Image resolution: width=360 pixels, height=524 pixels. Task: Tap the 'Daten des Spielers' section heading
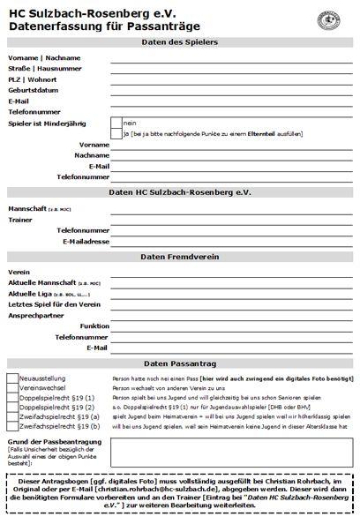coord(180,43)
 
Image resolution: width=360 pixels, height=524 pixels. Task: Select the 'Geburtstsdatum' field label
coord(34,89)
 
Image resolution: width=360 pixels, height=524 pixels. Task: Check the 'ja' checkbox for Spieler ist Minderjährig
coord(116,133)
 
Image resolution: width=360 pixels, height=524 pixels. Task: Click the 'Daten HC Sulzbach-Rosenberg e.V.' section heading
coord(180,191)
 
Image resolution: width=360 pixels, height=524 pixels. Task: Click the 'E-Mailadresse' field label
coord(86,241)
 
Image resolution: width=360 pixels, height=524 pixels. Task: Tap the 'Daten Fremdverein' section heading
coord(180,256)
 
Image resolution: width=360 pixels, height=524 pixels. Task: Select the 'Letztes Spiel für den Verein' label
coord(48,303)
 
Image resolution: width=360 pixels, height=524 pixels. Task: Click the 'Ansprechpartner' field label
coord(36,315)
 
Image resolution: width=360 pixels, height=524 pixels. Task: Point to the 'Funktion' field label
coord(94,326)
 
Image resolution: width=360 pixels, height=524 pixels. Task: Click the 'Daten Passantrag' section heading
coord(180,363)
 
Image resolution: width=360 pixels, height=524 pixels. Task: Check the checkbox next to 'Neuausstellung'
coord(12,378)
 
